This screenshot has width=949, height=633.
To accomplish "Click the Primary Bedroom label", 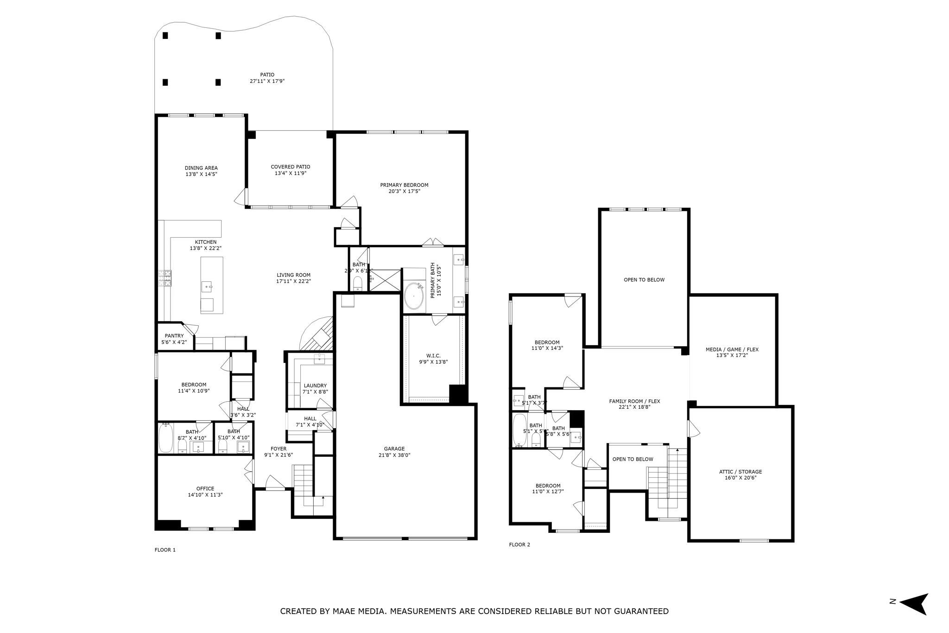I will [404, 185].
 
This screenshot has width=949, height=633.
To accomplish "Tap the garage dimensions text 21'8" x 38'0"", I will [394, 455].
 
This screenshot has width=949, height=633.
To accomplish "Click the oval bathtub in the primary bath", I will [413, 297].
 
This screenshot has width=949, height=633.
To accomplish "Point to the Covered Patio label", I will [291, 167].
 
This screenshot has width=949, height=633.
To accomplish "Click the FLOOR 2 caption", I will [519, 544].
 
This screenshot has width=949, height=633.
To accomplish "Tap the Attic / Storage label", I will [740, 472].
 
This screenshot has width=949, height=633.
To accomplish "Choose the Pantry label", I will [174, 336].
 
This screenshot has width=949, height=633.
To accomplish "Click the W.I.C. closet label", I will [433, 356].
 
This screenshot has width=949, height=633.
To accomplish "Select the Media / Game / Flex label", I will [732, 349].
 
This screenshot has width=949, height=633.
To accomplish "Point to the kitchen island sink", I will [207, 287].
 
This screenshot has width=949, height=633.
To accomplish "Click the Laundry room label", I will [315, 386].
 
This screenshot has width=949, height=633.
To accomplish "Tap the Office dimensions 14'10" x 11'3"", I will [205, 495].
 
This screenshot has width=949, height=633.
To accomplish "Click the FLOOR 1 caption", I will [165, 550].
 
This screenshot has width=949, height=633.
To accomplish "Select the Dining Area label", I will [201, 168].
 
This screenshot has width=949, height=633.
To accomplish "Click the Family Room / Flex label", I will [634, 401].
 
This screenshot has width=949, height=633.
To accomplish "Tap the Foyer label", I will [278, 449].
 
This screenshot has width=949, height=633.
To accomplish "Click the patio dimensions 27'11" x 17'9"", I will [267, 81].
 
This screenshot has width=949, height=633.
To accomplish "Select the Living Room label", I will [293, 275].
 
